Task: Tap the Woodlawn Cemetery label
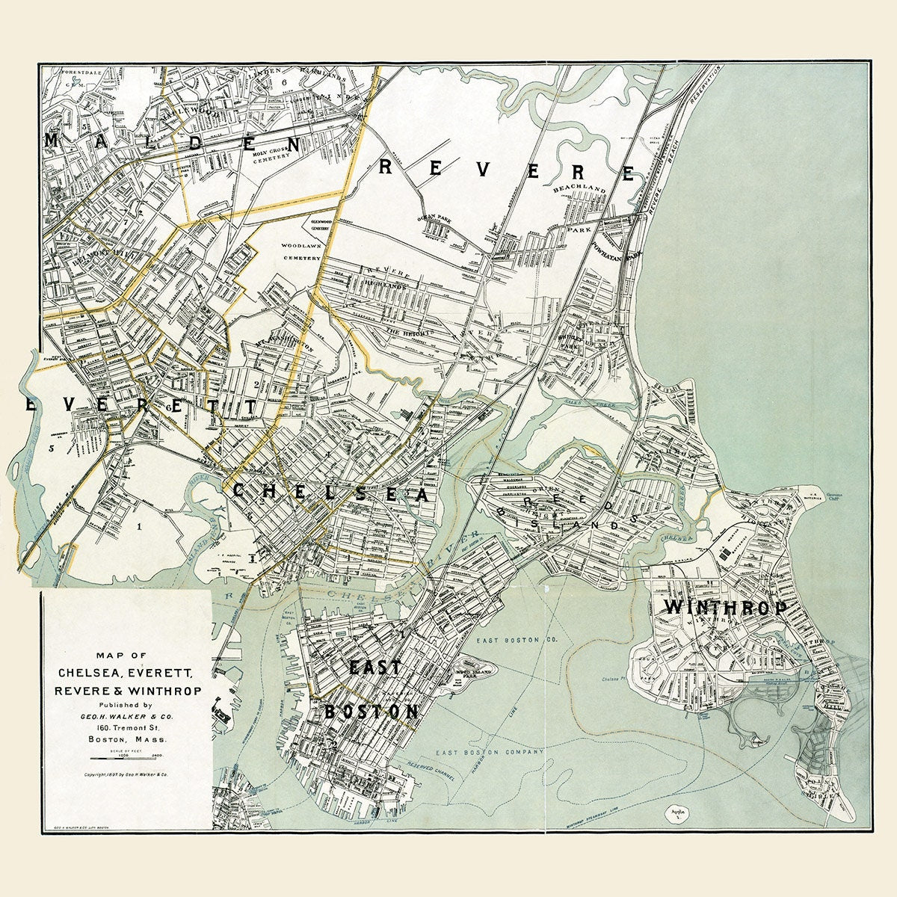tap(300, 251)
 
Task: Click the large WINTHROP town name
tap(726, 607)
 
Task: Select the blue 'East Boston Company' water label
tap(478, 753)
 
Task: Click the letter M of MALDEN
tap(54, 141)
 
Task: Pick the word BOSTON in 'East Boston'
tap(372, 712)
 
